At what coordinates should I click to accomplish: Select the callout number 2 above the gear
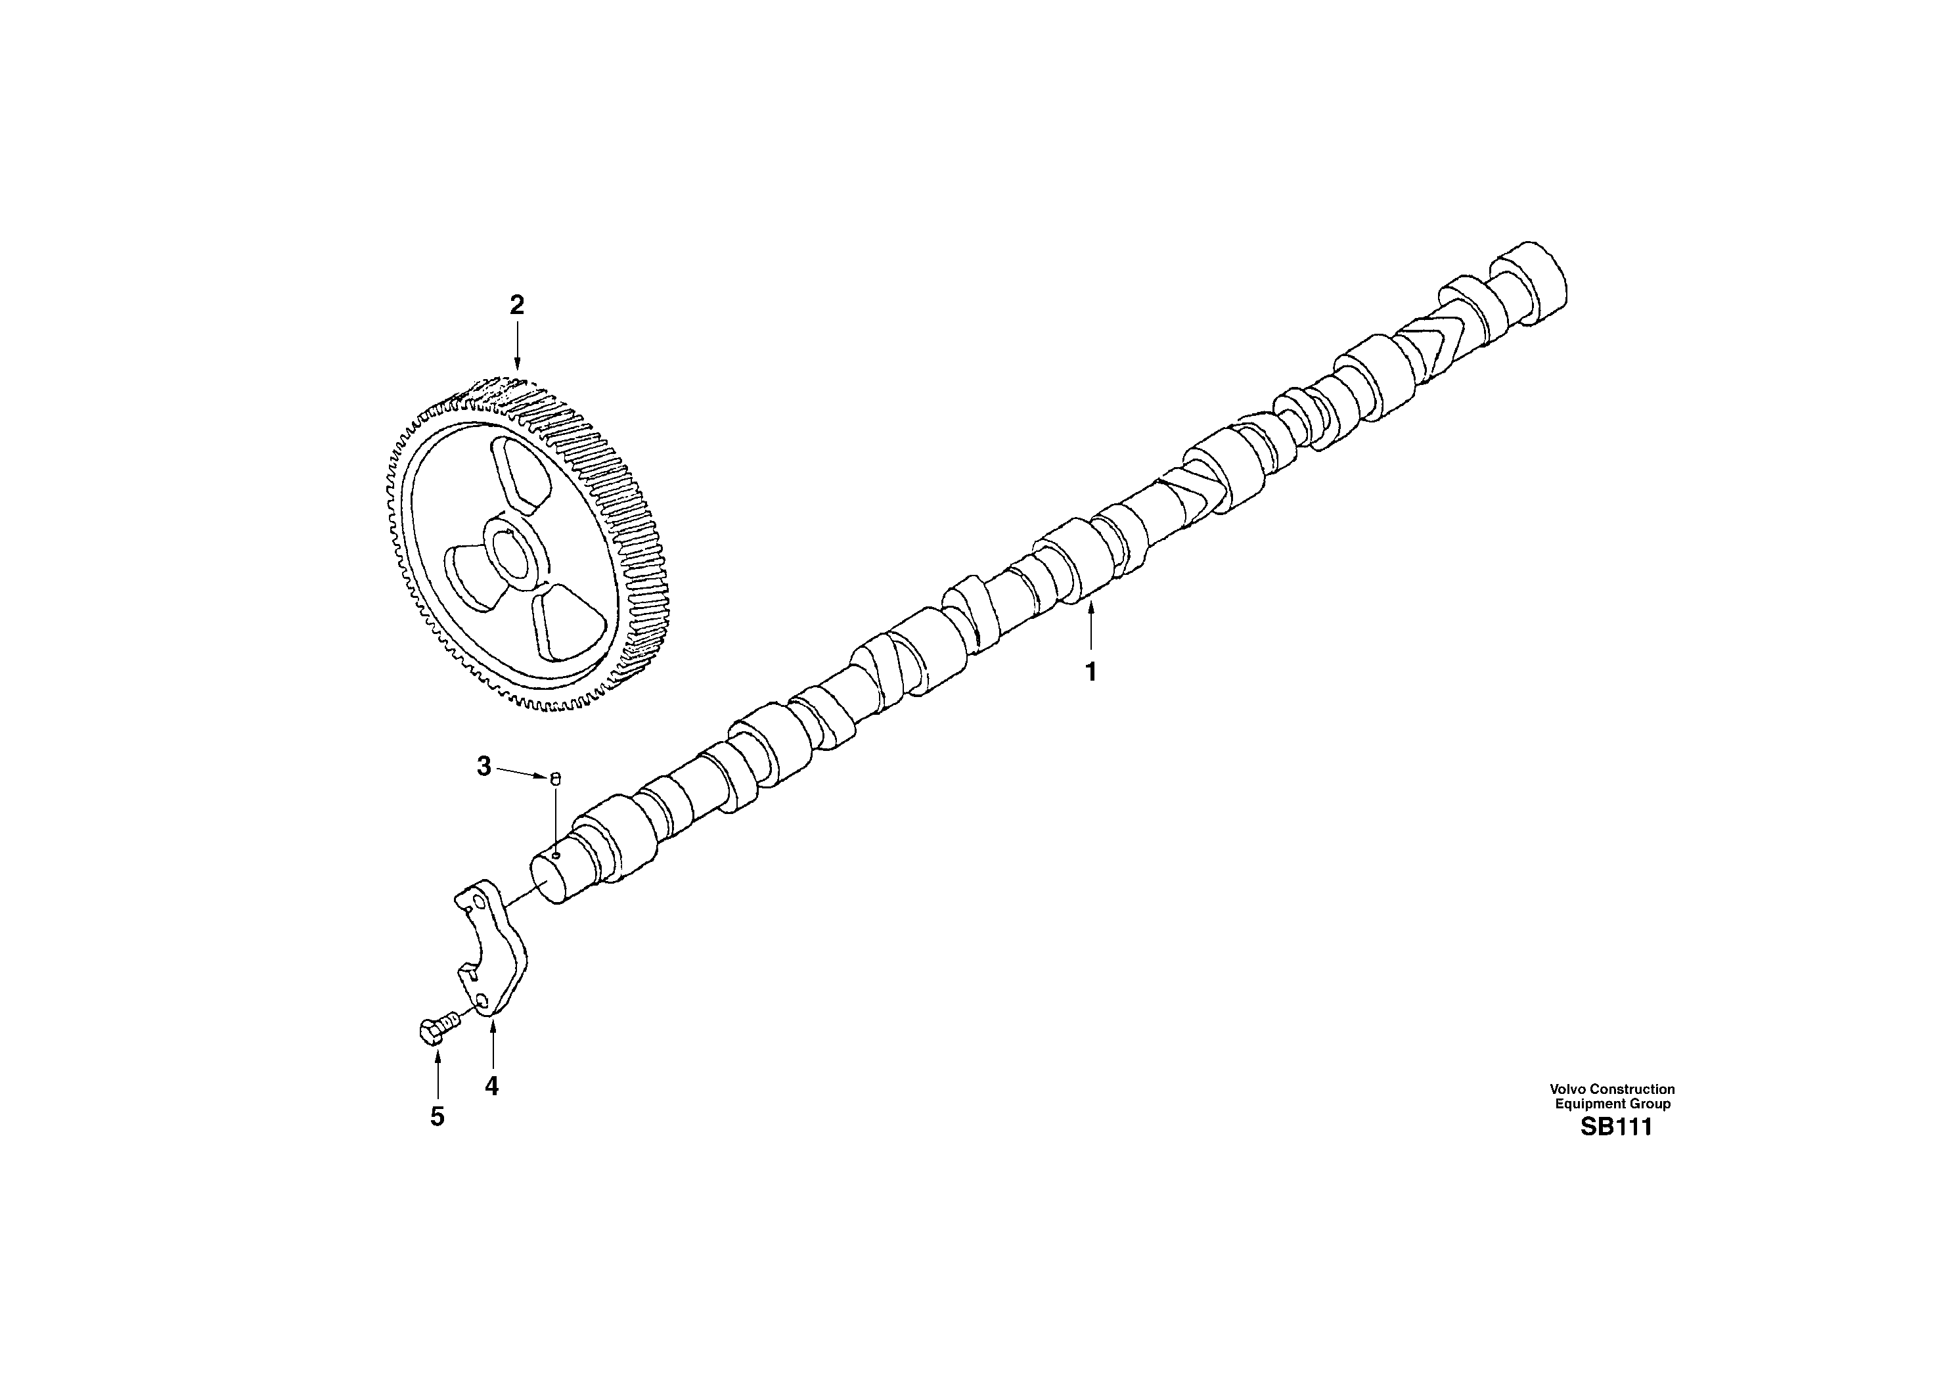click(x=517, y=305)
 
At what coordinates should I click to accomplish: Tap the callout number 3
click(x=483, y=767)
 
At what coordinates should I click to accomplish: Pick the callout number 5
click(x=437, y=1116)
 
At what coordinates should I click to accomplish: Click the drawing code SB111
click(x=1615, y=1127)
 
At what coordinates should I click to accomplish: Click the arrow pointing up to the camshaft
click(x=1090, y=627)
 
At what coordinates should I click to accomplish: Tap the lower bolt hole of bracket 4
click(x=483, y=1001)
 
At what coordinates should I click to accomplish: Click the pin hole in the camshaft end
click(x=555, y=854)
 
